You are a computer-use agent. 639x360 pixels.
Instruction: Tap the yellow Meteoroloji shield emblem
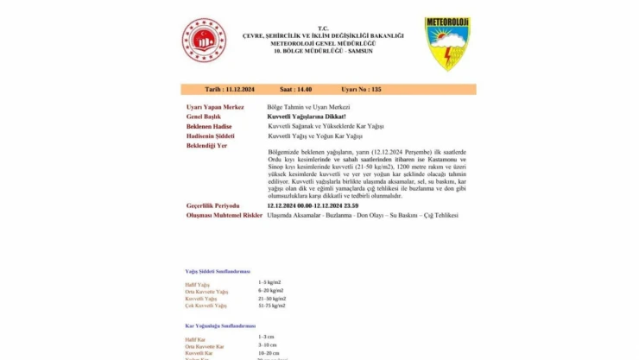(447, 43)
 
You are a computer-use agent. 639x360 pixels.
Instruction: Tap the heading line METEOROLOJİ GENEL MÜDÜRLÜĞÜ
(336, 44)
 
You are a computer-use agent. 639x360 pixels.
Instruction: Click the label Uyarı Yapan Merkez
(214, 106)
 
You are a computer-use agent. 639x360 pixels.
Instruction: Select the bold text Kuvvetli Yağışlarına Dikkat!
(307, 116)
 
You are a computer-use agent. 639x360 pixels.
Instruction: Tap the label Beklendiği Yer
(207, 146)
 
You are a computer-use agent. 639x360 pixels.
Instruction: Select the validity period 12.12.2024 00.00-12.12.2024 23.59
(313, 205)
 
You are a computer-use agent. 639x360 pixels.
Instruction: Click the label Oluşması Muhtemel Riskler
(224, 215)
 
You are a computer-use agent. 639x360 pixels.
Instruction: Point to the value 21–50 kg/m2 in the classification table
(272, 299)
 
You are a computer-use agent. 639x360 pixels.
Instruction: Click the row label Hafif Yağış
(198, 284)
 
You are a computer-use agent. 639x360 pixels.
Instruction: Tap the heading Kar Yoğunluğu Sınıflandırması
(220, 325)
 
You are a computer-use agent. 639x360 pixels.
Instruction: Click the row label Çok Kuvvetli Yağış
(206, 306)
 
